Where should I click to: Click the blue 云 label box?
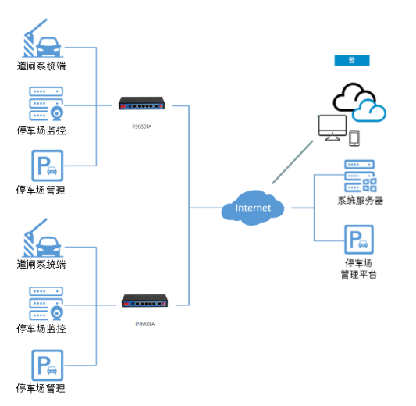tap(351, 60)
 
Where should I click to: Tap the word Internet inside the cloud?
tap(253, 208)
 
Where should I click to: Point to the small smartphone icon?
tap(354, 138)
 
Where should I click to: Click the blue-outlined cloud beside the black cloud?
tap(368, 112)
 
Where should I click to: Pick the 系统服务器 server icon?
tap(360, 176)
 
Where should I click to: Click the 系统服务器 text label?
tap(360, 200)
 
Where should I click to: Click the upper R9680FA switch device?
tap(142, 104)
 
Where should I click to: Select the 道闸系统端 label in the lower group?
tap(41, 264)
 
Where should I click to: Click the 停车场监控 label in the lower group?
tap(41, 329)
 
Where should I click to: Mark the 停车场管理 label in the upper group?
tap(41, 190)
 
